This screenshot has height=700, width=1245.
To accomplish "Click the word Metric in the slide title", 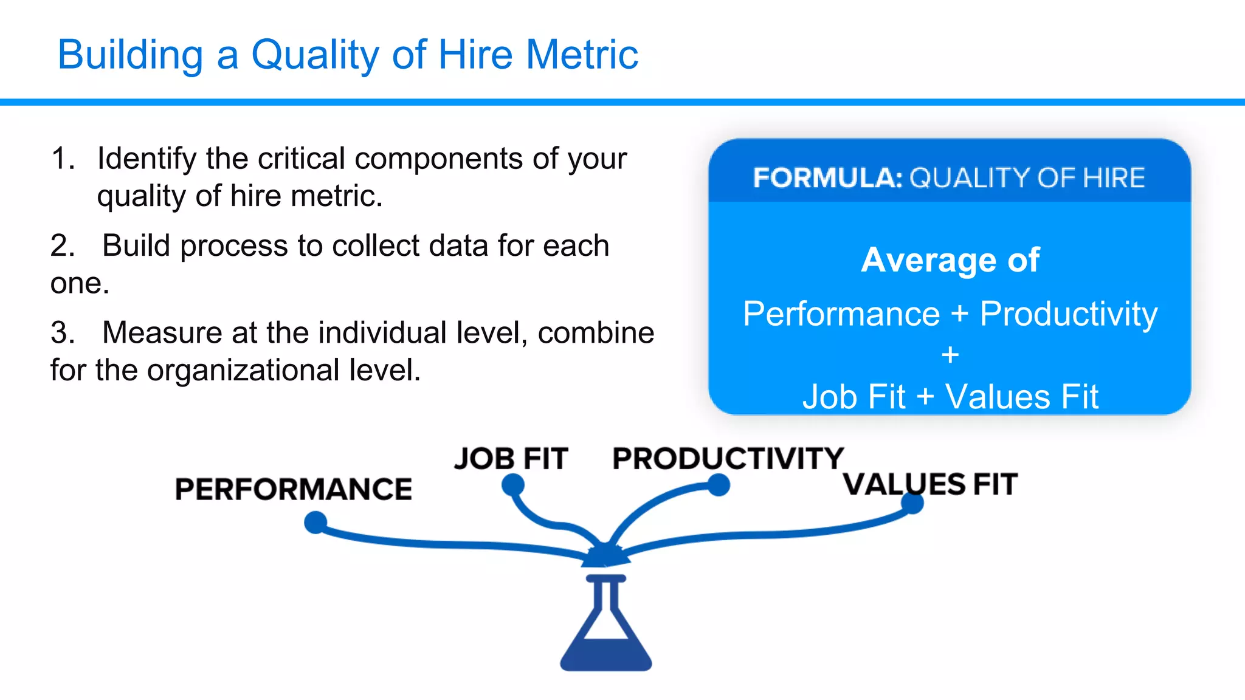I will coord(582,55).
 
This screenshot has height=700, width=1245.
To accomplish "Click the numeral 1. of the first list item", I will coord(63,159).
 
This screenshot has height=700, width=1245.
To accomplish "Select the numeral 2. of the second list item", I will coord(63,246).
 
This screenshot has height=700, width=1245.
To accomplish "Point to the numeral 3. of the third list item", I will coord(63,333).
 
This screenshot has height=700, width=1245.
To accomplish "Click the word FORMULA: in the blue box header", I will coord(827,178).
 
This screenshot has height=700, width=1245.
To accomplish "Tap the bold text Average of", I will coord(950,260).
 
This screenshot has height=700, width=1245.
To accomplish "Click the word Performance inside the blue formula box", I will coord(841,314).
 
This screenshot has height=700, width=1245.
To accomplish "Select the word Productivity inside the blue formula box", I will coord(1069,315).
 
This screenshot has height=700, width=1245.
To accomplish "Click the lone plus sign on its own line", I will coord(950,354).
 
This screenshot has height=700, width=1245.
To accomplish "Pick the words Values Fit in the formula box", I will coord(1022,397).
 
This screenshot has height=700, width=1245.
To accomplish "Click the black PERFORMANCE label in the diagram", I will coord(293,489).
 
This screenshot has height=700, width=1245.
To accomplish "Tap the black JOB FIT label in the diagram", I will coord(511,459).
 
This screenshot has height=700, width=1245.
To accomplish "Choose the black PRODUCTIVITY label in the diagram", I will coord(728,459).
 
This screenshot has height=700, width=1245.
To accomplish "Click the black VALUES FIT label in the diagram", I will coord(930,484).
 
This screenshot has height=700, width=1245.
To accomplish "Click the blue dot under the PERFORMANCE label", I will coord(316,522).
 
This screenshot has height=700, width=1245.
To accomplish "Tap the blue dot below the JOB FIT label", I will coord(513,485).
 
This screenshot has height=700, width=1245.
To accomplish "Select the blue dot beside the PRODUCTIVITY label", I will coord(719,485).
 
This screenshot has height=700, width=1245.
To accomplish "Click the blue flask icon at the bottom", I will coord(605,626).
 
